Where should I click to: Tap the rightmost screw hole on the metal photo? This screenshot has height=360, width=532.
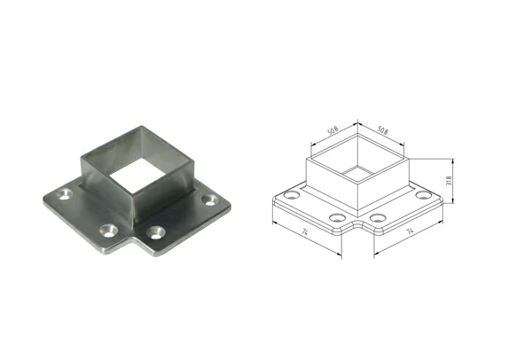tap(208, 200)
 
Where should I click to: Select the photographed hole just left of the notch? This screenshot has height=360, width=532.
tap(108, 230)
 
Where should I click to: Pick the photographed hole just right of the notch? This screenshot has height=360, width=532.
tap(156, 232)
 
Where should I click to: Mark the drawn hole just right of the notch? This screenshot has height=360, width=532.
tap(379, 217)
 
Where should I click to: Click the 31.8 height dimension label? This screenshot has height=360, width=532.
tap(450, 181)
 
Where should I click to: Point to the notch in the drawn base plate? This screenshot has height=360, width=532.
tap(357, 228)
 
